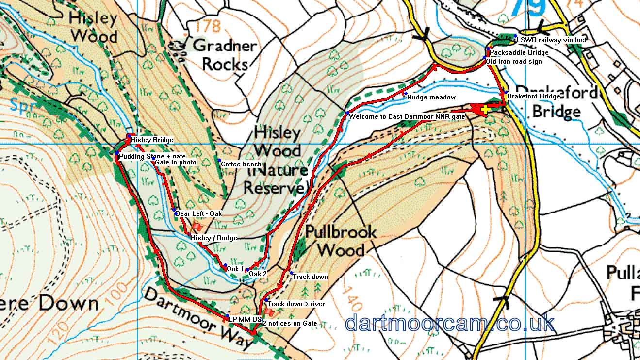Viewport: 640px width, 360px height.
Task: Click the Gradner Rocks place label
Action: (224, 55)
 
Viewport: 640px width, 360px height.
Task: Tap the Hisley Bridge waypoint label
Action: (151, 140)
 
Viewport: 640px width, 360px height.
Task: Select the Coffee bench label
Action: (241, 164)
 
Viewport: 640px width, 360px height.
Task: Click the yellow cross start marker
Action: (486, 109)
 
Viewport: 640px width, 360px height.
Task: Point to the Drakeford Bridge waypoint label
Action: (533, 97)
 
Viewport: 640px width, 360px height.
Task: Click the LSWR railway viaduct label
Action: (552, 40)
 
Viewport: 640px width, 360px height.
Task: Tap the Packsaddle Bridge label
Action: (519, 52)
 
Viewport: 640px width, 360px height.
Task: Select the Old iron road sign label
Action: (514, 62)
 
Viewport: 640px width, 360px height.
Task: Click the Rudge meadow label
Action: (431, 98)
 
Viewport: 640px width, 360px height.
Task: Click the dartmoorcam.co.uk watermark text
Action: (450, 323)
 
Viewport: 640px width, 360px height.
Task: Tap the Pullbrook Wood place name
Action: (341, 241)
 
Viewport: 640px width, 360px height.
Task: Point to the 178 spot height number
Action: (209, 25)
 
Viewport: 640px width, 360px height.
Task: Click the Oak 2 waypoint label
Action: (258, 274)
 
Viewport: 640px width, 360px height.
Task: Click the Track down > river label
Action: (296, 304)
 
